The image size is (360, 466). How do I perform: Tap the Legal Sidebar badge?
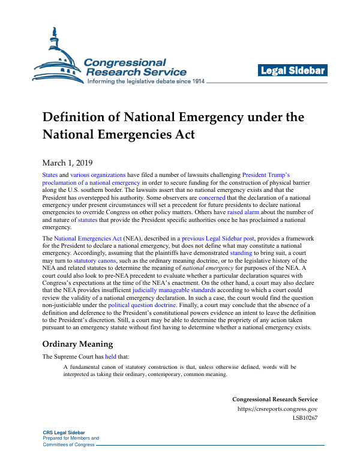[x=292, y=71]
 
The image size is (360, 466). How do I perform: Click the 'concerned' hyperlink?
[x=211, y=197]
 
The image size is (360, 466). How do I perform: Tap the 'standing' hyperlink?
[x=242, y=254]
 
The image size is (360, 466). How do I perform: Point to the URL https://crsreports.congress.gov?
[x=277, y=409]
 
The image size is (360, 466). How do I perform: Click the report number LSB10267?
[x=305, y=418]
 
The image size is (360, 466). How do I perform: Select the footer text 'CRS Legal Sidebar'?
[x=64, y=432]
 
